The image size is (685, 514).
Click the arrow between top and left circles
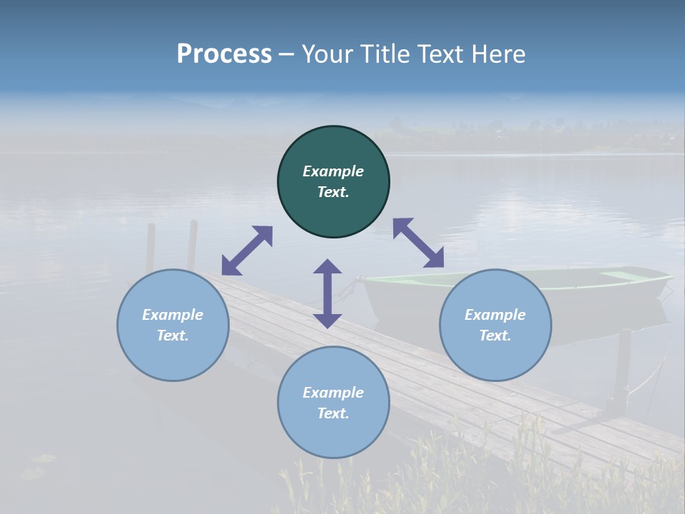247,251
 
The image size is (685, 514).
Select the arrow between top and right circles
418,243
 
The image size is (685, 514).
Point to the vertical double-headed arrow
328,293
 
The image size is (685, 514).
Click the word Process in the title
224,54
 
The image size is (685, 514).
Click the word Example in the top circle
333,171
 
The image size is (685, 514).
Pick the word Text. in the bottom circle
333,413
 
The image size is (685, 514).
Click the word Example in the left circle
173,315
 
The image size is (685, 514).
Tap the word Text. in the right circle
495,336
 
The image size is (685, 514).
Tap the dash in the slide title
287,54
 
